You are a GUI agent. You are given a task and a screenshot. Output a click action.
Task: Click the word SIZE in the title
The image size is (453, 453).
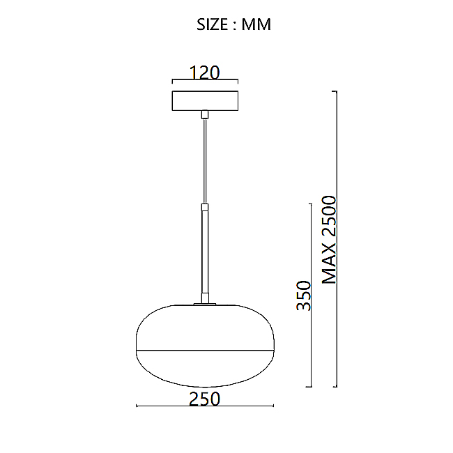click(x=213, y=24)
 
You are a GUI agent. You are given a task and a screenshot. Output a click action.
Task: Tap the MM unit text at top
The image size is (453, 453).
click(x=256, y=24)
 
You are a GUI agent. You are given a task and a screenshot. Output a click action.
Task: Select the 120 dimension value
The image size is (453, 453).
click(x=204, y=72)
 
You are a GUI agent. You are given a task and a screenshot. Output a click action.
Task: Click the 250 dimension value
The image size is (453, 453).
click(x=204, y=399)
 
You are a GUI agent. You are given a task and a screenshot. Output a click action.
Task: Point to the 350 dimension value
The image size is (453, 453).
click(x=304, y=295)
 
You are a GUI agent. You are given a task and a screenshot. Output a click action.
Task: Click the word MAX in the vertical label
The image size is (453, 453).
click(x=329, y=263)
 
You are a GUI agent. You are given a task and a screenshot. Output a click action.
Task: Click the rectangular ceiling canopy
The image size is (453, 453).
click(x=205, y=100)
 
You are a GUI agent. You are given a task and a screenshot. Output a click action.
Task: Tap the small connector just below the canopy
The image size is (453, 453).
click(x=205, y=114)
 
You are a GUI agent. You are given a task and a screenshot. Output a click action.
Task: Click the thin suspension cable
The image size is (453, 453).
click(x=205, y=161)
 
